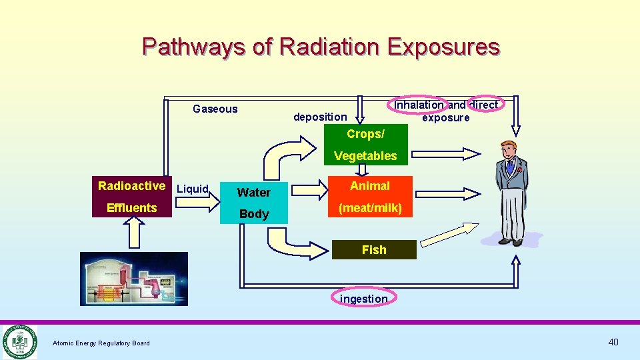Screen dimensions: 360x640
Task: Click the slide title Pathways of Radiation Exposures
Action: [x=321, y=47]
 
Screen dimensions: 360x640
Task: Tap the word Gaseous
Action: [x=215, y=109]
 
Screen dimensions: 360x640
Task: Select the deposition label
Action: [x=320, y=117]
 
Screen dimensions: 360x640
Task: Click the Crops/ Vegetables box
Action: [x=365, y=145]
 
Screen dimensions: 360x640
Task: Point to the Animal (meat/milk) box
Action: [x=370, y=197]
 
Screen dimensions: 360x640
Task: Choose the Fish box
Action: [x=373, y=249]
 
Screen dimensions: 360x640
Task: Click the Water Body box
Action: [x=254, y=203]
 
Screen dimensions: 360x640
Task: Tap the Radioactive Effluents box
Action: [x=131, y=197]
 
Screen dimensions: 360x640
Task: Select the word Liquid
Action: [x=192, y=189]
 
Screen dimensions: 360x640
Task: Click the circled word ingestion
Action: [x=363, y=299]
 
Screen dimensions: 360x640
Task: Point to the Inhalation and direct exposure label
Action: [x=445, y=111]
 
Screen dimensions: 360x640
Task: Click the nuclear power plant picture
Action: [x=133, y=279]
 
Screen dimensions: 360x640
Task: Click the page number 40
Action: [x=613, y=342]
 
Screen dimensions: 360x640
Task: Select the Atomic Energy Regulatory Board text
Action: [x=101, y=343]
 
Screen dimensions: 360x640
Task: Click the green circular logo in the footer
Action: [x=19, y=342]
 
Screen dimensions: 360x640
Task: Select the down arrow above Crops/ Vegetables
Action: [x=359, y=110]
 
